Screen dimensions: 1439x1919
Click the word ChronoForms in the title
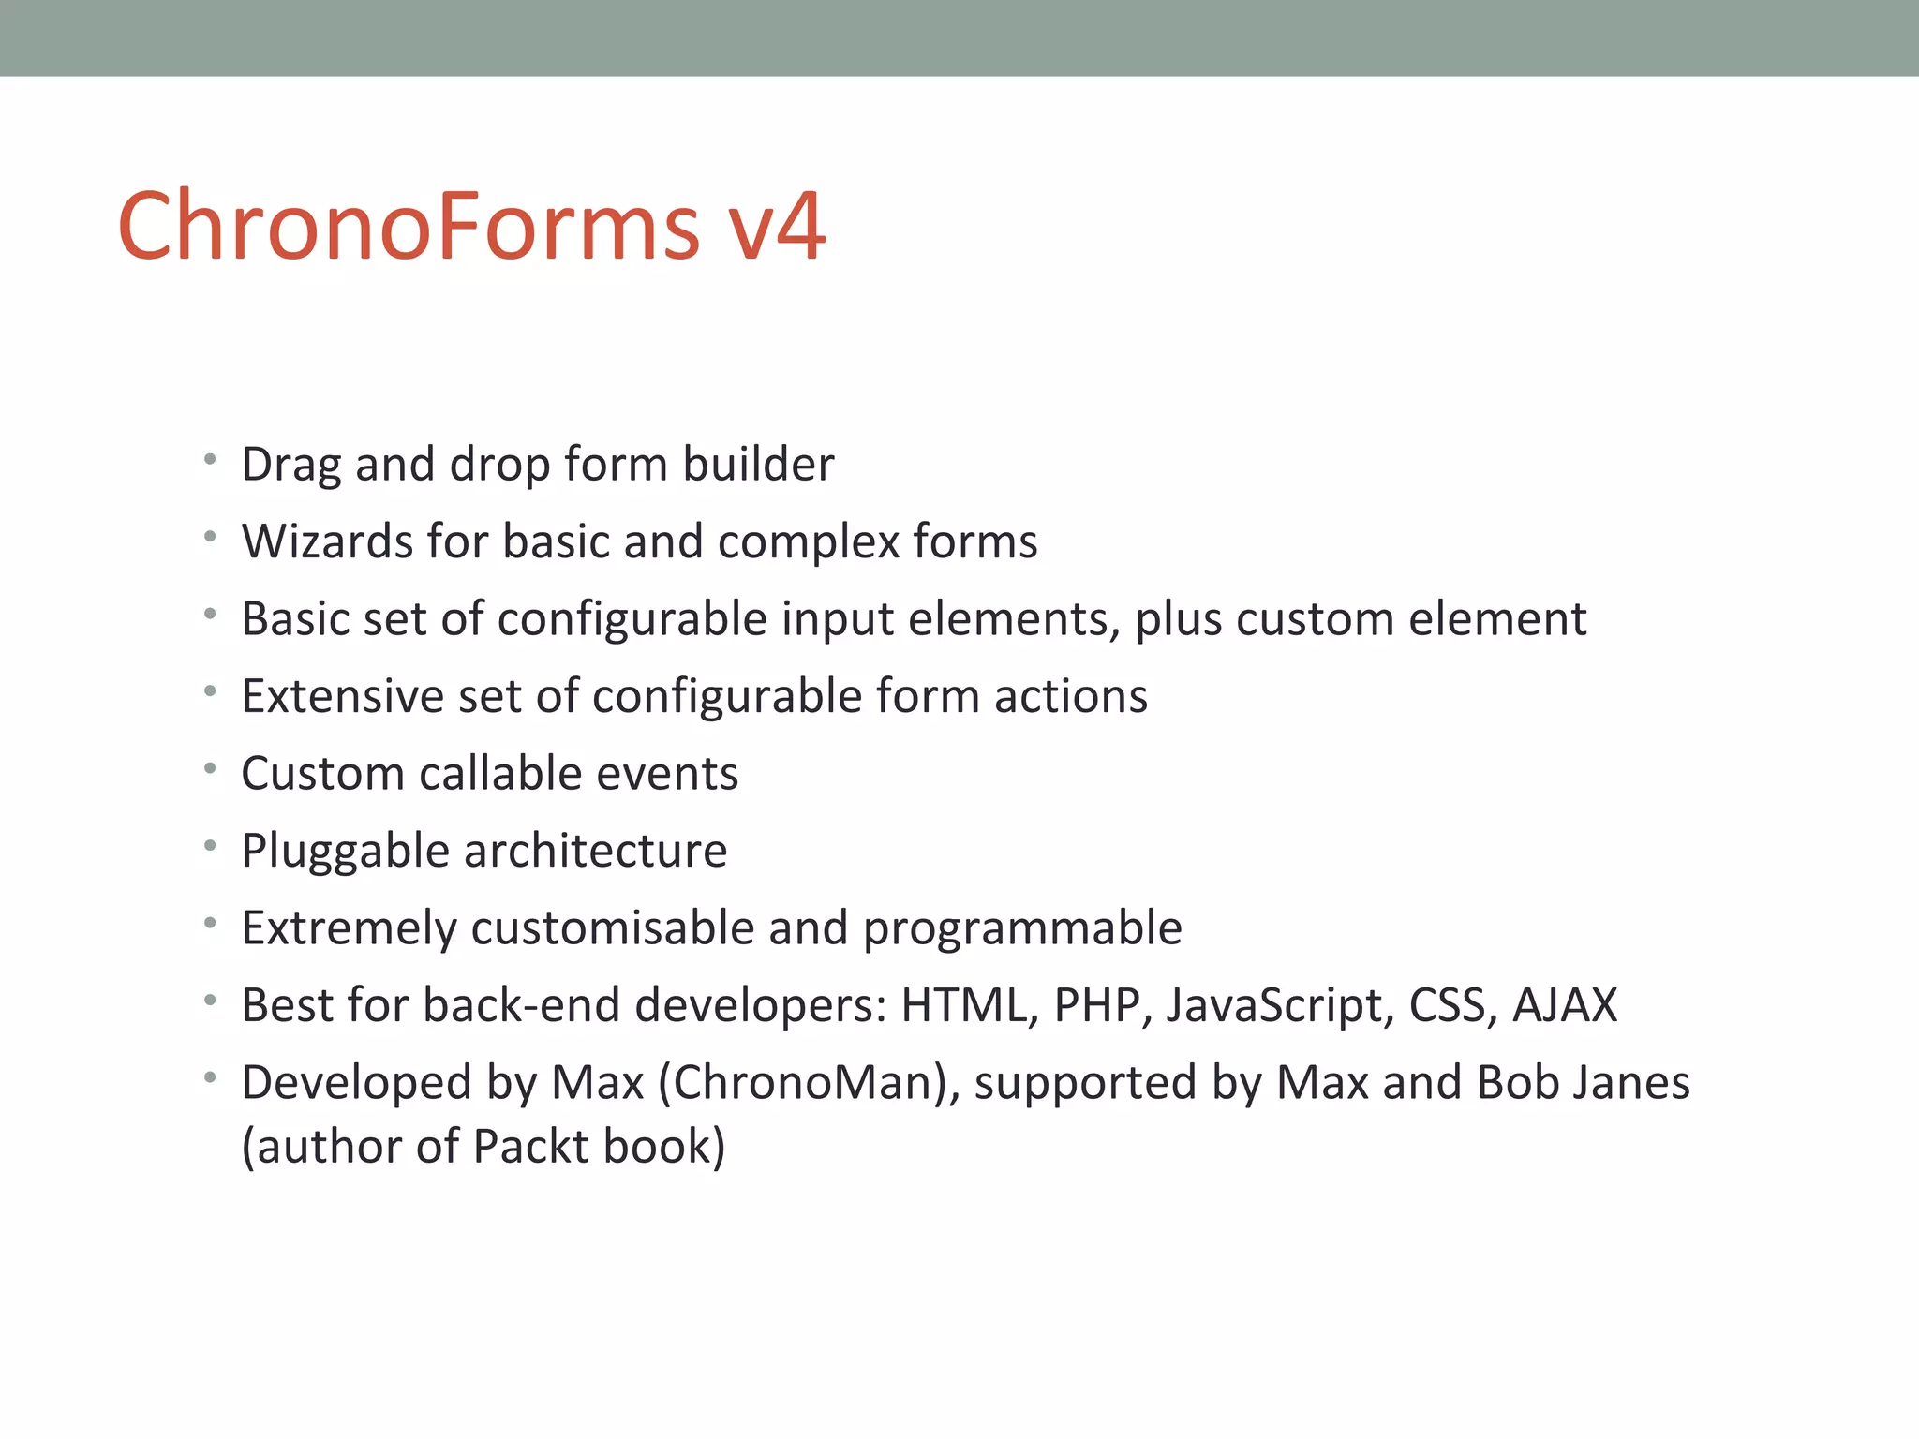coord(409,227)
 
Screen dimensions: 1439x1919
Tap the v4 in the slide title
coord(778,227)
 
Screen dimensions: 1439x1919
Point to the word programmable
coord(1022,928)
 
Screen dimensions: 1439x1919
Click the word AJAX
coord(1565,1005)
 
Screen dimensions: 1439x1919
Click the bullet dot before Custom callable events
coord(211,769)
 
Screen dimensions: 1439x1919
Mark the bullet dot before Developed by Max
coord(211,1078)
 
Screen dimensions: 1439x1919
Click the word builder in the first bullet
coord(758,466)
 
